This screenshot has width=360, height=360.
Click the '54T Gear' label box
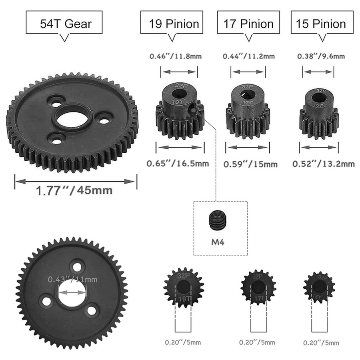pyautogui.click(x=64, y=22)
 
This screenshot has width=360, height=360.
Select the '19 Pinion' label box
pyautogui.click(x=172, y=22)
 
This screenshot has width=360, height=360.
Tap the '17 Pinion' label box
pyautogui.click(x=248, y=22)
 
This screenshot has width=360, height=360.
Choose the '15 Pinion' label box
pyautogui.click(x=322, y=22)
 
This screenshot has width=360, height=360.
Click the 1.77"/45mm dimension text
pyautogui.click(x=74, y=190)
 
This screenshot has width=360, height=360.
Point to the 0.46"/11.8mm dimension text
pyautogui.click(x=176, y=56)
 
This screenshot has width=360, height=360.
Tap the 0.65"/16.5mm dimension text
pyautogui.click(x=178, y=164)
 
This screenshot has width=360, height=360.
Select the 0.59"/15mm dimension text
pyautogui.click(x=250, y=164)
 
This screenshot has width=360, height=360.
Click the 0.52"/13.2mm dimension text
pyautogui.click(x=324, y=164)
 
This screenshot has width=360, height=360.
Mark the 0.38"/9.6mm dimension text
pyautogui.click(x=321, y=56)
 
